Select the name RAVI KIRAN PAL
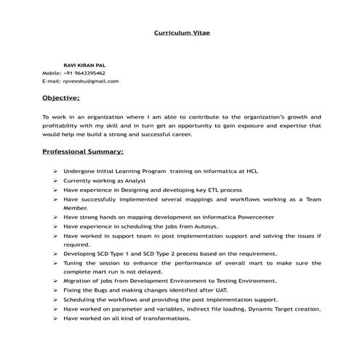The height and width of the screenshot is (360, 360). [x=84, y=65]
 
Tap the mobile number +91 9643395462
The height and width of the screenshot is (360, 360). [x=84, y=73]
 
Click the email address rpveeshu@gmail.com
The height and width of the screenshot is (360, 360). [x=91, y=81]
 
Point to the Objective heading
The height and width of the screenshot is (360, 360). [x=61, y=97]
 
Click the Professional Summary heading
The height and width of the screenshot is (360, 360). [x=82, y=152]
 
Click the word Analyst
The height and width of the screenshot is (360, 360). [x=135, y=180]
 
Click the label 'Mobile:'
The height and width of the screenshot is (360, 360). [x=52, y=73]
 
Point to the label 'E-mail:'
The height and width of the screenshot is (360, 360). [x=52, y=81]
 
